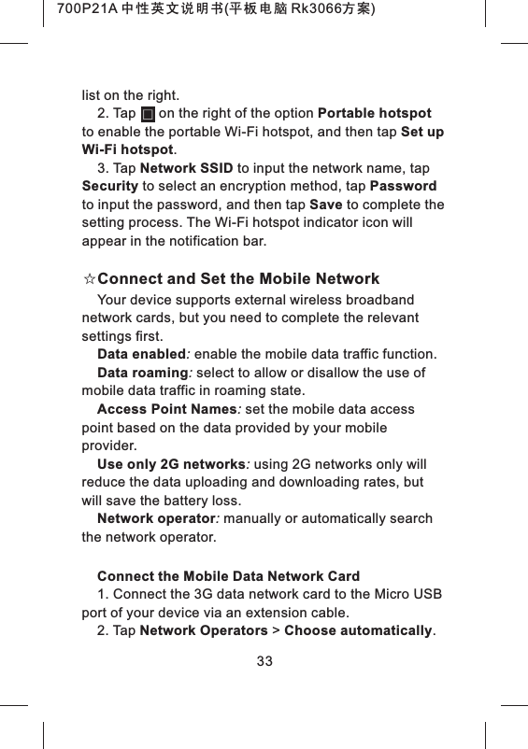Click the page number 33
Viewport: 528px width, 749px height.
pos(264,661)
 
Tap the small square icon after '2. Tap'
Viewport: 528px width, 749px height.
pos(148,115)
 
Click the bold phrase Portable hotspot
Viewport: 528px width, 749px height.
pos(375,114)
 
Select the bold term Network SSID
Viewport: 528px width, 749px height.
pos(186,168)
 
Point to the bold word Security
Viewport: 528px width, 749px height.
pos(110,187)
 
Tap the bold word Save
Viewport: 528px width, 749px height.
pos(325,205)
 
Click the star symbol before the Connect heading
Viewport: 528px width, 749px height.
pos(89,279)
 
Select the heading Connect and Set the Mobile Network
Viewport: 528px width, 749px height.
pos(238,279)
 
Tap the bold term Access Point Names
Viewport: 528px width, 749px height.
pos(166,409)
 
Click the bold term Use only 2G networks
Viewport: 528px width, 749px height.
pos(171,464)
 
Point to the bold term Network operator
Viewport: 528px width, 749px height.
pos(156,518)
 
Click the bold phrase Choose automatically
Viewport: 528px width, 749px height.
pos(358,630)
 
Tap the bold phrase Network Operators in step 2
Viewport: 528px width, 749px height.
pos(203,630)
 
